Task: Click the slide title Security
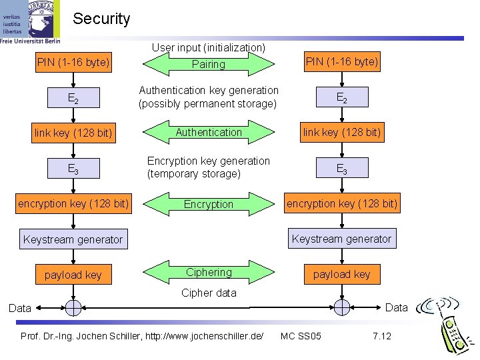click(101, 19)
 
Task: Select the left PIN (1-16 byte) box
click(73, 63)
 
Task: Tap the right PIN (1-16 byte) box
click(342, 63)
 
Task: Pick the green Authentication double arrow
click(209, 132)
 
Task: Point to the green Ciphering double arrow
click(209, 273)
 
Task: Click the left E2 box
click(73, 99)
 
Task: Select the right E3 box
click(342, 168)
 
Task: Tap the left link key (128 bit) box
click(73, 133)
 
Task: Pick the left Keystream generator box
click(73, 239)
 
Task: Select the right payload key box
click(342, 274)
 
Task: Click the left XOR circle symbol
click(73, 307)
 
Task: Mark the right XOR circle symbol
click(342, 307)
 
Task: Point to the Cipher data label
click(209, 293)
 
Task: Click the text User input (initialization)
click(209, 48)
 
